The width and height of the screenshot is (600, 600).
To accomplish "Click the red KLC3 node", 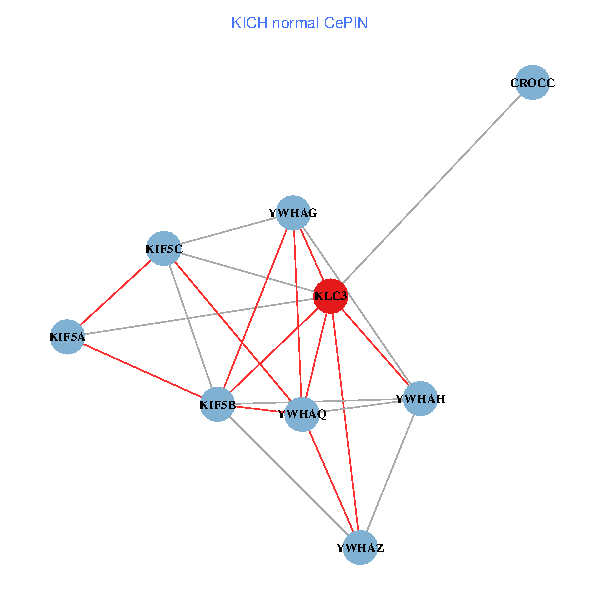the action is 330,296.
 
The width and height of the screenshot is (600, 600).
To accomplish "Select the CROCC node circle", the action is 533,83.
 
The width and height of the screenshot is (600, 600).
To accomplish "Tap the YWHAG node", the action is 292,212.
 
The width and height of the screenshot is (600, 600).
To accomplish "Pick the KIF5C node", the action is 163,248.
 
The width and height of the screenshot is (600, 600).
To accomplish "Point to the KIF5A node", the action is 66,337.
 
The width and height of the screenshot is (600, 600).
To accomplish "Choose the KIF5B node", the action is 217,404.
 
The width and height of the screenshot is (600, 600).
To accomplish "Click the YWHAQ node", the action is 302,413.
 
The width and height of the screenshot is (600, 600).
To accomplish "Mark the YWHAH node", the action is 420,399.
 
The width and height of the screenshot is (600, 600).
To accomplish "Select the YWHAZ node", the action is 360,548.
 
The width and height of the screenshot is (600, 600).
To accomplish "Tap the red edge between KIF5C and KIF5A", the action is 115,292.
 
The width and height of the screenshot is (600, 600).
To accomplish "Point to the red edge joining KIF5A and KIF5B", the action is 141,370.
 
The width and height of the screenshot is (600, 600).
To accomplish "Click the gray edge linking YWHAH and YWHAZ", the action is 390,473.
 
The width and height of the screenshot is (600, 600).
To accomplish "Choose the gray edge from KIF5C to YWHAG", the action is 227,230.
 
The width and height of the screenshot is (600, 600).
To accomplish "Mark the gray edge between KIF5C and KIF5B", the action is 190,326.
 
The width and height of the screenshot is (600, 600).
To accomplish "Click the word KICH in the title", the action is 248,22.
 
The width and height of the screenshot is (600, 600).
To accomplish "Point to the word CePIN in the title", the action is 345,22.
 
